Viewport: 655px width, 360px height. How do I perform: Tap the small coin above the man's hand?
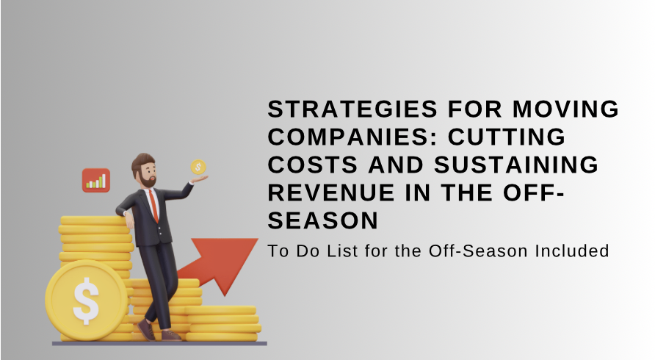198,167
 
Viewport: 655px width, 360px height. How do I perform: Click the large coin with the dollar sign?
87,300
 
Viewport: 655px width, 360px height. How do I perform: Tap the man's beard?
145,180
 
